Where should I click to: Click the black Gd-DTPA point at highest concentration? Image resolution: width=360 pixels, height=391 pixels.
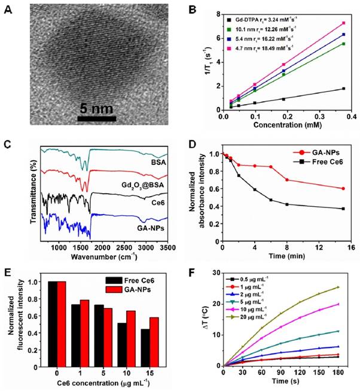tap(343, 88)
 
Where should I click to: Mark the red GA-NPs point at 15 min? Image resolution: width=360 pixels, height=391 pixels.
tap(343, 188)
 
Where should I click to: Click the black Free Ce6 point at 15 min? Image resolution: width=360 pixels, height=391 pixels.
tap(343, 209)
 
